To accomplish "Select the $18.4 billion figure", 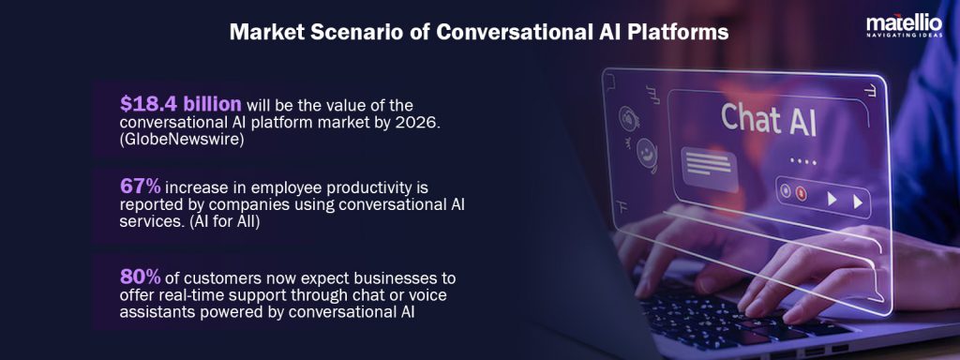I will pos(181,103).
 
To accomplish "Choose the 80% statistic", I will pos(140,276).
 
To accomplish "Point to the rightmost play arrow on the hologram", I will pos(856,200).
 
